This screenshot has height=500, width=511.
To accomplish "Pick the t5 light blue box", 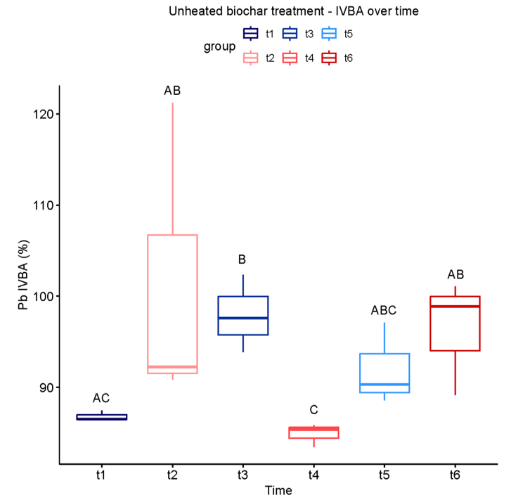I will (x=384, y=373).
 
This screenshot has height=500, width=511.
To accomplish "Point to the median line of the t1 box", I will (x=102, y=418).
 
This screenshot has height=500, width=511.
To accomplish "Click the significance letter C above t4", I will (x=314, y=410).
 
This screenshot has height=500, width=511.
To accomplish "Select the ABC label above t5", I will (x=384, y=311).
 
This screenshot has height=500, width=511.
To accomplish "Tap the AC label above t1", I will (x=102, y=398).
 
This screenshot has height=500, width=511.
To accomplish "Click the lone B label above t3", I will (x=243, y=261).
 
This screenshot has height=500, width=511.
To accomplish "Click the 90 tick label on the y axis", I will (x=42, y=387).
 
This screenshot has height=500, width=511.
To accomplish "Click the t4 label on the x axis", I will (x=314, y=475).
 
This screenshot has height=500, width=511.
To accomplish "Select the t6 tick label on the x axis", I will (x=455, y=475).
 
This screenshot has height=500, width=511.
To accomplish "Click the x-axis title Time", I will (x=278, y=491).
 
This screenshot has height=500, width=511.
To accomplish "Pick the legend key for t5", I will (x=328, y=34).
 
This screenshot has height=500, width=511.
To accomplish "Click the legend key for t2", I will (x=250, y=58).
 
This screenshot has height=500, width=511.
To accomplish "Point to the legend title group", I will (x=219, y=46).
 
